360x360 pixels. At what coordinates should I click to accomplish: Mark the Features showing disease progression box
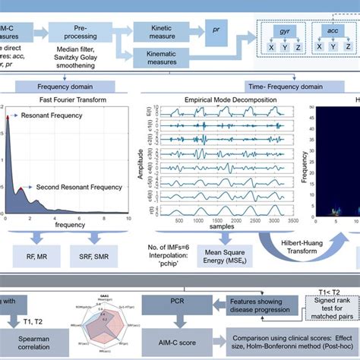pos(264,305)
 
